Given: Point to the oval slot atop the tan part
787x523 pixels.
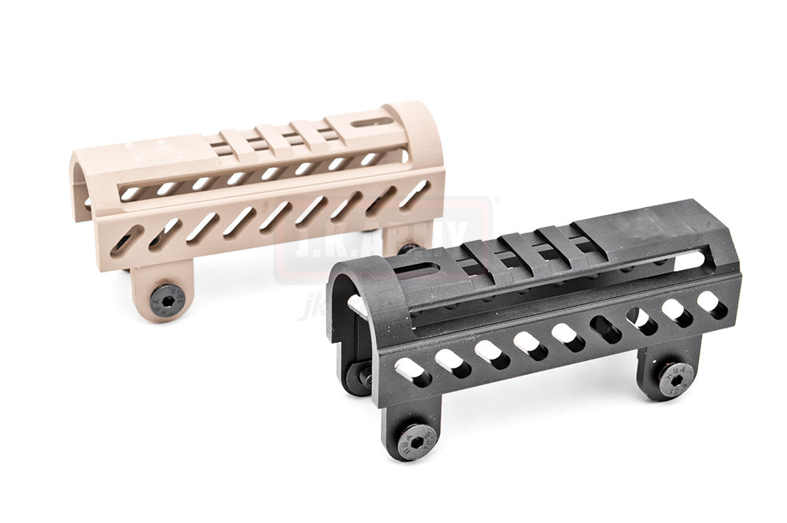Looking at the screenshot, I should pyautogui.click(x=371, y=122).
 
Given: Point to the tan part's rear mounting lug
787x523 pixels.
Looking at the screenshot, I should pyautogui.click(x=406, y=237).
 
